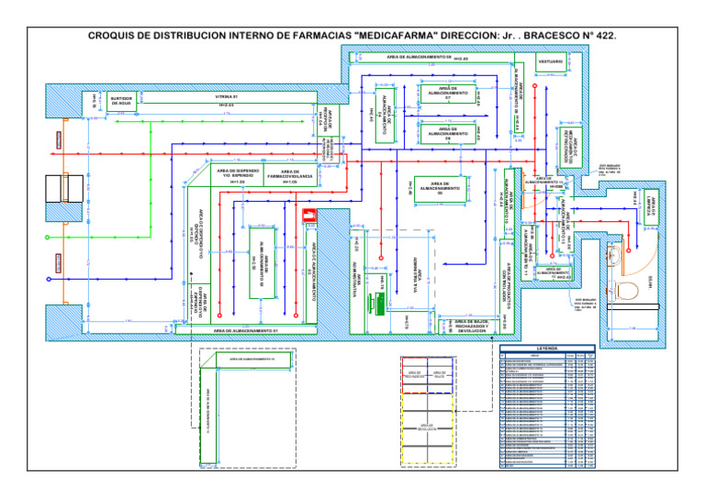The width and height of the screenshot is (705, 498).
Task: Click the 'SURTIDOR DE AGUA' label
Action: (x=121, y=100)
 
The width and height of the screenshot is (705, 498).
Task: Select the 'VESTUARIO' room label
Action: (x=551, y=61)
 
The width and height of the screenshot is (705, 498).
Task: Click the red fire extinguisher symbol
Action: (x=308, y=217)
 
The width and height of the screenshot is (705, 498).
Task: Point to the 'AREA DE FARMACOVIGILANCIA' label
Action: (x=290, y=175)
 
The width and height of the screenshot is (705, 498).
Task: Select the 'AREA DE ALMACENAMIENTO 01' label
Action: (x=238, y=329)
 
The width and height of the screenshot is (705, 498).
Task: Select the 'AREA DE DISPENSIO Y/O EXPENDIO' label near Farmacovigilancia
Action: (x=238, y=175)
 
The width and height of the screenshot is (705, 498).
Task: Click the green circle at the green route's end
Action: (x=48, y=278)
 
